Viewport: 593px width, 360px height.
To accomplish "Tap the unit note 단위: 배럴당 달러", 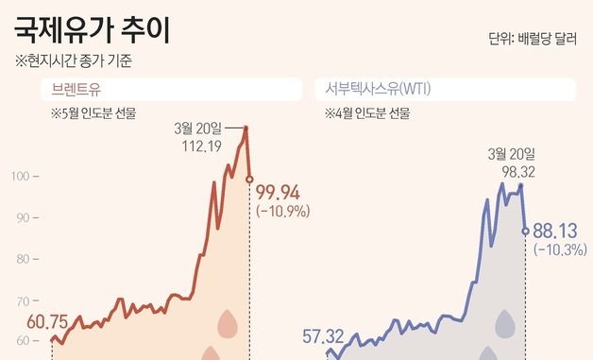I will coord(533,40).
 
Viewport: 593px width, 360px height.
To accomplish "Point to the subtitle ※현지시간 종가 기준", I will coord(74,63).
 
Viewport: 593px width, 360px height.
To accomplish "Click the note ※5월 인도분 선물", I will coord(93,114).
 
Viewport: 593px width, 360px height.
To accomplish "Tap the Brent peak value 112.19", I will coord(204,146).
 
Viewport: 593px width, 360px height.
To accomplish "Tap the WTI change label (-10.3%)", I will coord(560,249).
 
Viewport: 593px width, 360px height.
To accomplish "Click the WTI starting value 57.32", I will coord(322,334).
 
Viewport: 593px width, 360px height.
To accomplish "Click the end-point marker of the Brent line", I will coord(249,178).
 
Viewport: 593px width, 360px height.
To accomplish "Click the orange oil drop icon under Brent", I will coord(228,323).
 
